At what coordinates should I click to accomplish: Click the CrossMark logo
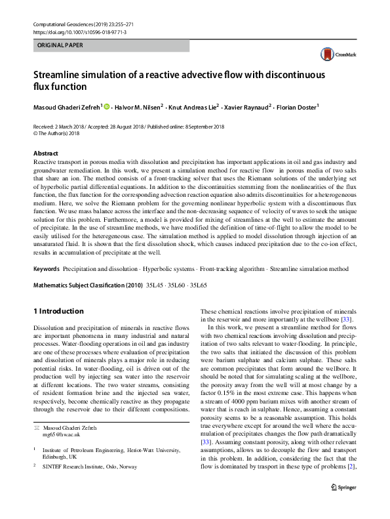coord(336,54)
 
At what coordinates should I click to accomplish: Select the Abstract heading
coord(45,153)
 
